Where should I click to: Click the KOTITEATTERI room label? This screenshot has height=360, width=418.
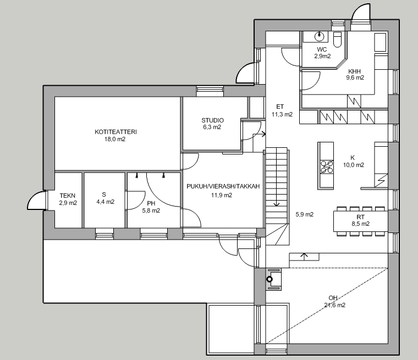pyautogui.click(x=116, y=132)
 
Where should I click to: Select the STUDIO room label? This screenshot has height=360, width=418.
pyautogui.click(x=212, y=120)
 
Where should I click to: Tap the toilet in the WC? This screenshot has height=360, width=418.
pyautogui.click(x=337, y=38)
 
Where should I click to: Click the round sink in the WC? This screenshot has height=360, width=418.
pyautogui.click(x=319, y=36)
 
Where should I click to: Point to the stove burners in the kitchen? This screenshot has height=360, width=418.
pyautogui.click(x=326, y=166)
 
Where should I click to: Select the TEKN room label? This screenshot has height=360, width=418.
pyautogui.click(x=68, y=196)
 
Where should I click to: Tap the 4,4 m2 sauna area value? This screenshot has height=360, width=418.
pyautogui.click(x=105, y=202)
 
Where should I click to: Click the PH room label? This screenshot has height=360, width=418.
pyautogui.click(x=151, y=204)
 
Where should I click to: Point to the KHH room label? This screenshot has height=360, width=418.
pyautogui.click(x=355, y=71)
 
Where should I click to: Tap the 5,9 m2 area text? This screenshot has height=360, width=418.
pyautogui.click(x=304, y=214)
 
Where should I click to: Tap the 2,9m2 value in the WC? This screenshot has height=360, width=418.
pyautogui.click(x=322, y=56)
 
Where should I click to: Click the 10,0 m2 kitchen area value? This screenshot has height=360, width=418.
pyautogui.click(x=354, y=165)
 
